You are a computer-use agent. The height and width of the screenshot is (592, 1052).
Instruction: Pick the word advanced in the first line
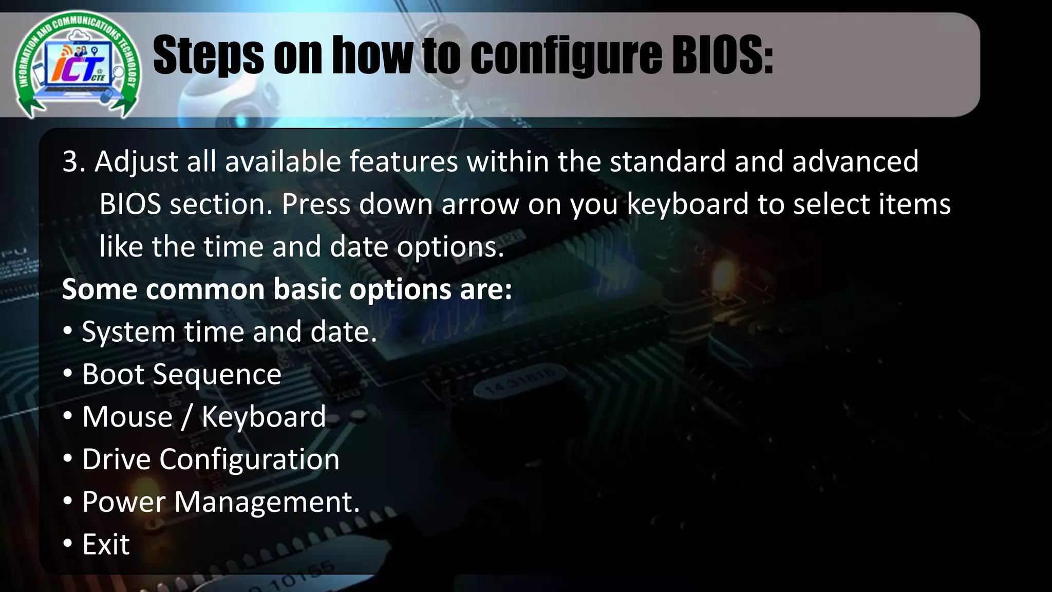pyautogui.click(x=855, y=162)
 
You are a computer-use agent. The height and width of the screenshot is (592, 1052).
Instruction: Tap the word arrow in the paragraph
pyautogui.click(x=480, y=205)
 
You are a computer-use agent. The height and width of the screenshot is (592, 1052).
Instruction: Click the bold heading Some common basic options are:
pyautogui.click(x=287, y=289)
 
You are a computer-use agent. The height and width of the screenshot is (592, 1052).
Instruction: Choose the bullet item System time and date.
pyautogui.click(x=229, y=332)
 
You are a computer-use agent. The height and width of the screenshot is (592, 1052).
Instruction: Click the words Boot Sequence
pyautogui.click(x=182, y=375)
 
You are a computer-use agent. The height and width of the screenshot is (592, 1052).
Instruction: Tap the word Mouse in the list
pyautogui.click(x=127, y=417)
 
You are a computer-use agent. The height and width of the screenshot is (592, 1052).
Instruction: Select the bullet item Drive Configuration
pyautogui.click(x=211, y=459)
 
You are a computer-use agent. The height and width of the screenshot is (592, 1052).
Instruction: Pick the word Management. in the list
pyautogui.click(x=267, y=502)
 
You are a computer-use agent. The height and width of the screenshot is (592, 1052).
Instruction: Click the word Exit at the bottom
pyautogui.click(x=106, y=544)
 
